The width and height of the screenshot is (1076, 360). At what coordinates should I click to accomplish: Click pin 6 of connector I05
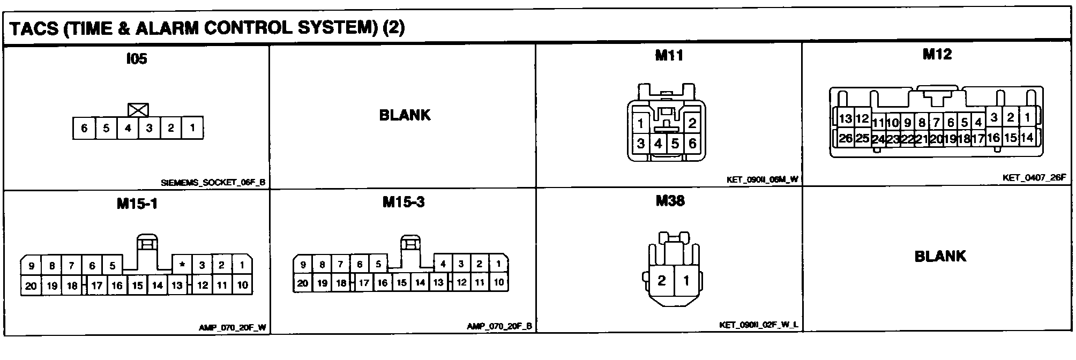[84, 128]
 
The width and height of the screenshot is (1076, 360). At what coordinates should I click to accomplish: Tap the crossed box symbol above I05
[138, 110]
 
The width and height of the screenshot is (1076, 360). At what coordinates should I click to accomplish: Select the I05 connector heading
[136, 59]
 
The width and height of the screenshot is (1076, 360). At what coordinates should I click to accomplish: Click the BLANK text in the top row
[405, 115]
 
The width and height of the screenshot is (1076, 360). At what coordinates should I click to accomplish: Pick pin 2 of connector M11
[692, 123]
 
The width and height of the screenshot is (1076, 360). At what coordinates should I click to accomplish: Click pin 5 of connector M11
[675, 144]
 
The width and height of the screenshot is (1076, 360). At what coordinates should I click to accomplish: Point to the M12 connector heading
[937, 54]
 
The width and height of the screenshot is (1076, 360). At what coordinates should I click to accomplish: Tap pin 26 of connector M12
[846, 138]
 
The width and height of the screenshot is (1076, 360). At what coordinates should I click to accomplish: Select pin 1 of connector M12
[1027, 117]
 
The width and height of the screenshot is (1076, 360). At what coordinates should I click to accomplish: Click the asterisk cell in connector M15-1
[182, 265]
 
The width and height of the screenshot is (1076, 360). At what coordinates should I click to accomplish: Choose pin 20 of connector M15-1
[31, 286]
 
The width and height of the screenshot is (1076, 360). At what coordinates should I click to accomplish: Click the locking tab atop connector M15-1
[147, 243]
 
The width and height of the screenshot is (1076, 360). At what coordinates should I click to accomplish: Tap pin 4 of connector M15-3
[443, 264]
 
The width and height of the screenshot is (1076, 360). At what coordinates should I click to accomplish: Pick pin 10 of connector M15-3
[498, 282]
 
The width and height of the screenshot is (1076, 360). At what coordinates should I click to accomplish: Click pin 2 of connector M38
[662, 280]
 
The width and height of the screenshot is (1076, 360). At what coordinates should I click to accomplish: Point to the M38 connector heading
[670, 201]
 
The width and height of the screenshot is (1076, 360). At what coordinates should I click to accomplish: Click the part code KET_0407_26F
[1034, 177]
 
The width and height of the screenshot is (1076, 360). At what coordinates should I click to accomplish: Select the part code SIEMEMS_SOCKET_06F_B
[213, 183]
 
